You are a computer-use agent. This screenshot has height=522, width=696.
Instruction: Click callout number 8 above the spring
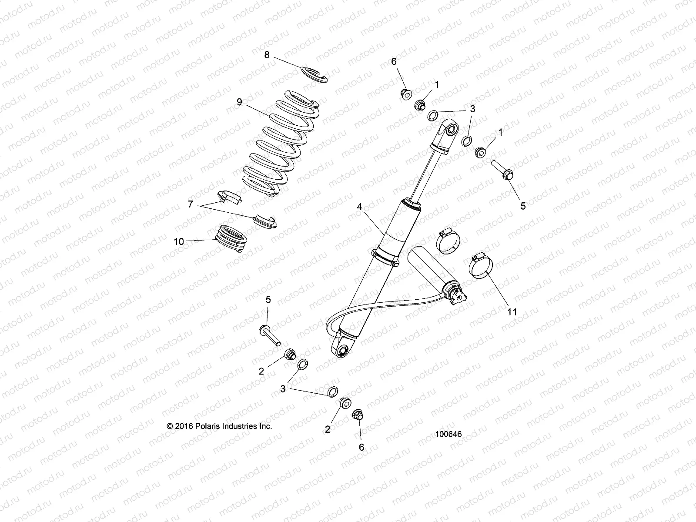point(267,55)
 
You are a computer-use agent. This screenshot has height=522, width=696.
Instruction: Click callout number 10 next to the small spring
point(179,242)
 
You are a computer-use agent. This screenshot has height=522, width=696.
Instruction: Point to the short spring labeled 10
point(232,238)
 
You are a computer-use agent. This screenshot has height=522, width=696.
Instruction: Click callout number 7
point(190,204)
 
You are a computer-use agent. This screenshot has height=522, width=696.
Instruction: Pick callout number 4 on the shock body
point(359,207)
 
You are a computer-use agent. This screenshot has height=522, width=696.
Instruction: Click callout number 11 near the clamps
point(512,311)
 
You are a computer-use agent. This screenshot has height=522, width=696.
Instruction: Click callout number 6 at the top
point(394,62)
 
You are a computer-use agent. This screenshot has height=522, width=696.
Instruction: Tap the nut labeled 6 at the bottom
point(357,415)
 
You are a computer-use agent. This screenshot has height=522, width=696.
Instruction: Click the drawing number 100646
point(448,434)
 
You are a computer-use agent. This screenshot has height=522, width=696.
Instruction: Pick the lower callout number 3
point(283,388)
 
